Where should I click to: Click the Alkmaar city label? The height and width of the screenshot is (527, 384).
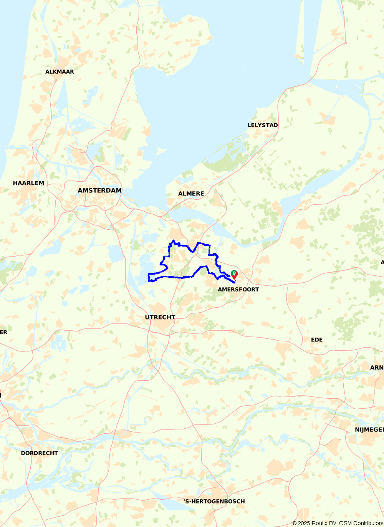point(60,72)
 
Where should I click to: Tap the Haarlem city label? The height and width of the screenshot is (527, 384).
point(28,183)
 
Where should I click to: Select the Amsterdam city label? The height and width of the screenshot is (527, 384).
point(99,191)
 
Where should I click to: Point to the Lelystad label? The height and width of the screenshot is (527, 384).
point(263,125)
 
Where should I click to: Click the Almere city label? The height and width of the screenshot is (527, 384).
point(191,194)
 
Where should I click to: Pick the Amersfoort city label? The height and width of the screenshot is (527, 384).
point(238,289)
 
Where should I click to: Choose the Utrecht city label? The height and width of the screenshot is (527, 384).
point(160,317)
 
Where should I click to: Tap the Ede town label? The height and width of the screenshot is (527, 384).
point(317,340)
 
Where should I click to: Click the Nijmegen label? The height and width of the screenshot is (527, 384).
point(369,430)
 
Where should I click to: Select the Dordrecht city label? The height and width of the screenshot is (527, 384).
point(39,453)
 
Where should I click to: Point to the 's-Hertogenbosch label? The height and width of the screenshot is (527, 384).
point(214,501)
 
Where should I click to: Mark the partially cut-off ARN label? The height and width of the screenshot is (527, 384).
point(377,368)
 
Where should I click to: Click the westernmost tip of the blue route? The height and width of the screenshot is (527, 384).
point(149,275)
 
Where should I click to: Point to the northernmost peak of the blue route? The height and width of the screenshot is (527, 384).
point(174,240)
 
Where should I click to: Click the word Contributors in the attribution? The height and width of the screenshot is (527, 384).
point(368,523)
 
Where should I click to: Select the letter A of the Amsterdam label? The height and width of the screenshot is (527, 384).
point(80,191)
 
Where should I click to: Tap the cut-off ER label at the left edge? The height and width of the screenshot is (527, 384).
point(3,332)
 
